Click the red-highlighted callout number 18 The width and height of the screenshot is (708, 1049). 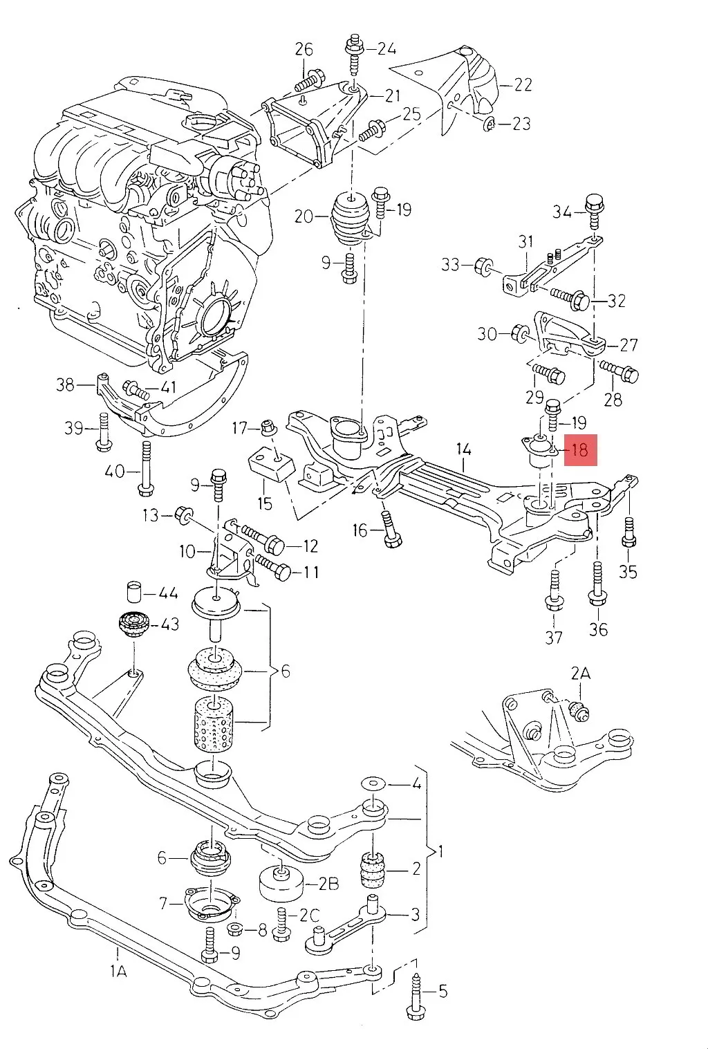(579, 450)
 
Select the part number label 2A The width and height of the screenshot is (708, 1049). (581, 672)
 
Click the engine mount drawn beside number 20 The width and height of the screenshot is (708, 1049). (350, 216)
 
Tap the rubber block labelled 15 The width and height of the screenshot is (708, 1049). (270, 465)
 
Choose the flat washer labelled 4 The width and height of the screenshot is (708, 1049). (374, 784)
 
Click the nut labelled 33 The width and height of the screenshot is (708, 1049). (485, 265)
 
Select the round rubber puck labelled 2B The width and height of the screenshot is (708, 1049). (280, 882)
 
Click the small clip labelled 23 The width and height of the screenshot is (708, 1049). (489, 124)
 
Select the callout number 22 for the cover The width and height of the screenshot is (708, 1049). (523, 84)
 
